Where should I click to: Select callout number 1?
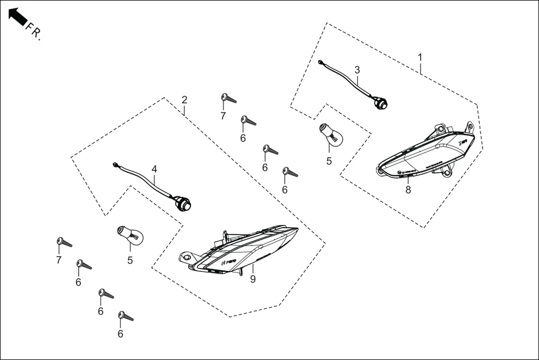click(420, 57)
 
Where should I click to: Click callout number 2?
click(184, 100)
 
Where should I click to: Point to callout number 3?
click(357, 70)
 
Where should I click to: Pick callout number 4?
click(155, 169)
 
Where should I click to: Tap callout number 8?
click(408, 190)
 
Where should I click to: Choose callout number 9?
click(252, 279)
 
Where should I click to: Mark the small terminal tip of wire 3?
click(321, 63)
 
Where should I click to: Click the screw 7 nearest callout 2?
click(228, 99)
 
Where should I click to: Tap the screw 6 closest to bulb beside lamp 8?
click(290, 172)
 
